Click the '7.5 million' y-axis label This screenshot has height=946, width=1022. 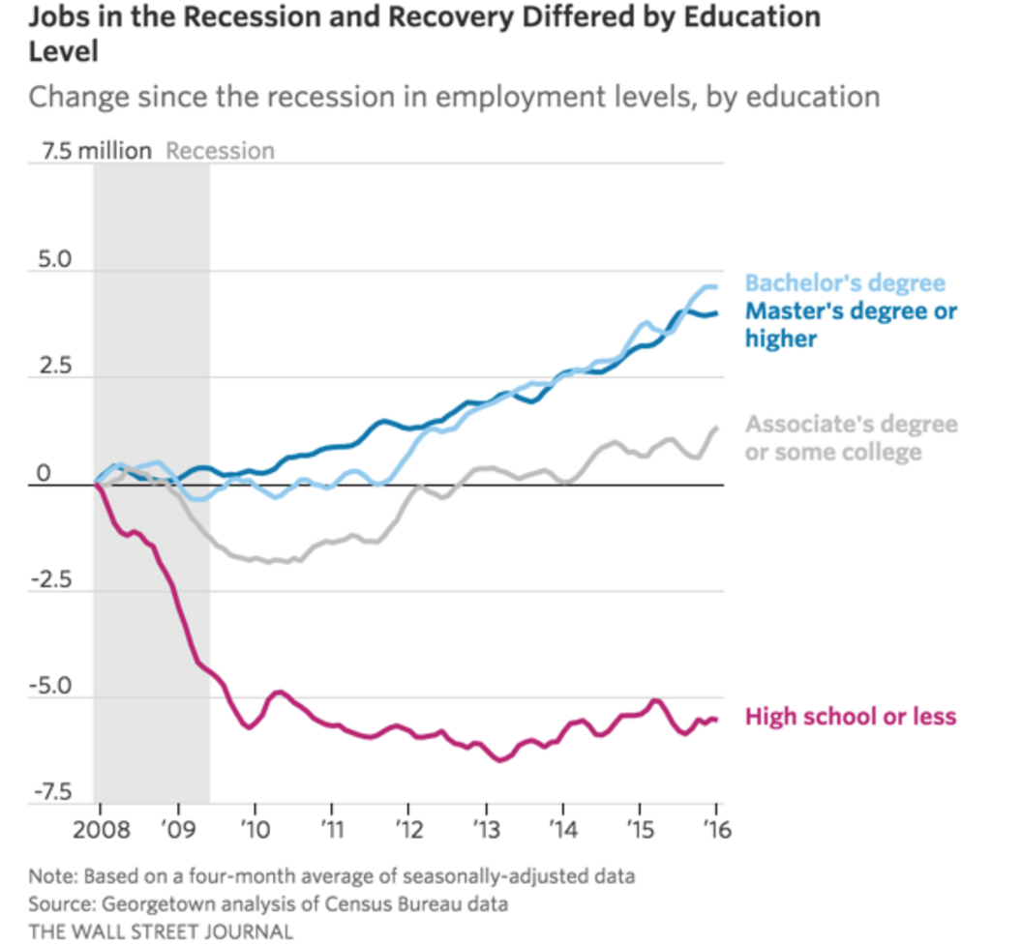tap(96, 151)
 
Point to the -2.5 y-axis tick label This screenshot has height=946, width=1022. tap(52, 580)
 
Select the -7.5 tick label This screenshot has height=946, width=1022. tap(52, 792)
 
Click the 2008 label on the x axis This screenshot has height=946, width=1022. tap(99, 831)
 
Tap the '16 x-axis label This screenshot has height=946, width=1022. tap(716, 831)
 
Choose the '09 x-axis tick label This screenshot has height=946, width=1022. tap(177, 831)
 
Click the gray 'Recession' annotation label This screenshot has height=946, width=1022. tap(220, 151)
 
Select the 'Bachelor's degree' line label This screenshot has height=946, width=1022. tap(844, 283)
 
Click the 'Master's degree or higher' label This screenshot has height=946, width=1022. tap(851, 324)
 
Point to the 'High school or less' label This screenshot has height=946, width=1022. tap(850, 717)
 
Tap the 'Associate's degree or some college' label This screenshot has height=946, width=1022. tap(851, 437)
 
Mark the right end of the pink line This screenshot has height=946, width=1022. tap(716, 719)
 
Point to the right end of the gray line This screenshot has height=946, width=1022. tap(716, 428)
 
